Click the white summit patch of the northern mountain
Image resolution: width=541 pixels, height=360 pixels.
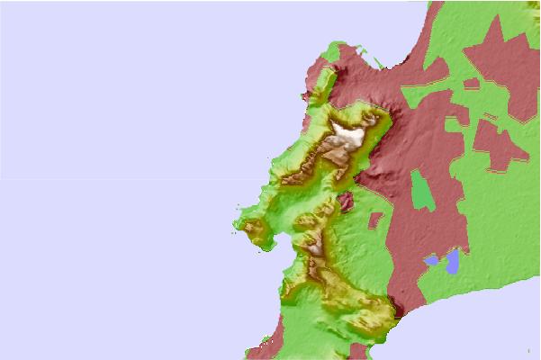coord(348,138)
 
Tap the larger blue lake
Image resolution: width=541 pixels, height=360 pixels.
coord(452,261)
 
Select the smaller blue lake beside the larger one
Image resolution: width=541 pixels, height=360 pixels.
coord(432,261)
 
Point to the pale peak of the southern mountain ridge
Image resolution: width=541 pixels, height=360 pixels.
coord(315,243)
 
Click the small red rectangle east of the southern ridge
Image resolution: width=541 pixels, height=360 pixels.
coord(378,220)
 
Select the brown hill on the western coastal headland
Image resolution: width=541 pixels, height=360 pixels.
coord(255,232)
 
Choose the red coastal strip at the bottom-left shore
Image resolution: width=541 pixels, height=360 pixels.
coord(261,346)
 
